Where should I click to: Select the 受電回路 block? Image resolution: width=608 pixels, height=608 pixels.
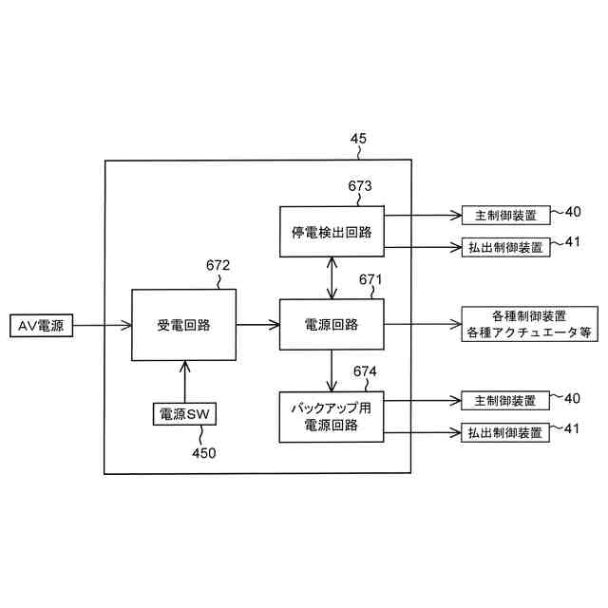(183, 325)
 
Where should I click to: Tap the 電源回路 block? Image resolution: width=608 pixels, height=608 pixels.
(331, 325)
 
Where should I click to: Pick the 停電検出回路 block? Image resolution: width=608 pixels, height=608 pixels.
(331, 231)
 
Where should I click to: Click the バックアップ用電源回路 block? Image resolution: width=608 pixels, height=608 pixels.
(331, 416)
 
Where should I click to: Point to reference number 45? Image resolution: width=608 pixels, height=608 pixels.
(358, 140)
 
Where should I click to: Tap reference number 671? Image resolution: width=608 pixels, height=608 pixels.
(370, 280)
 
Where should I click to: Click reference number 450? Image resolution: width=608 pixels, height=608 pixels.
(203, 452)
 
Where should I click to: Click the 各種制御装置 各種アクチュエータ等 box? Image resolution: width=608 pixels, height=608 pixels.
(529, 324)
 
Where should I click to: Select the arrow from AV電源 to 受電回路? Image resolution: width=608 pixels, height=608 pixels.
(103, 325)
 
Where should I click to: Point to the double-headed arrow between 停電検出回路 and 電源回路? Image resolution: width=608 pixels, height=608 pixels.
(331, 277)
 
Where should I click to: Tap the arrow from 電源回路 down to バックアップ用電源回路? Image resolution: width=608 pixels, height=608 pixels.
(331, 371)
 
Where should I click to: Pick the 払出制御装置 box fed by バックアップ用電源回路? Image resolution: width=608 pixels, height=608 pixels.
(505, 433)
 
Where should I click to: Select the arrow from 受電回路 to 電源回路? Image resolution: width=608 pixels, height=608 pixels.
(257, 325)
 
